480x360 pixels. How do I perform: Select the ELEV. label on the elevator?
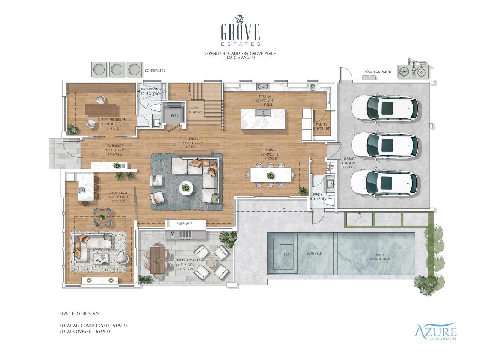(174, 116)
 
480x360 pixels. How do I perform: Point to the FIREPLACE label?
(184, 224)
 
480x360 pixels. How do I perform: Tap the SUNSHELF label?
(314, 253)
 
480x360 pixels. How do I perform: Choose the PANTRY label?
(322, 124)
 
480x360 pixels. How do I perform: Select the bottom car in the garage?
(384, 183)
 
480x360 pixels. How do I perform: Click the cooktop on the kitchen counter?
(263, 87)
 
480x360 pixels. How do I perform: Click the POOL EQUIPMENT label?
(378, 72)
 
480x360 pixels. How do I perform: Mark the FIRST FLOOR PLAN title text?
(79, 313)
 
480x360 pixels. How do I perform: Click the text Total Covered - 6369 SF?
(85, 331)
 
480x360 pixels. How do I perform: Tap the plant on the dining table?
(270, 175)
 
